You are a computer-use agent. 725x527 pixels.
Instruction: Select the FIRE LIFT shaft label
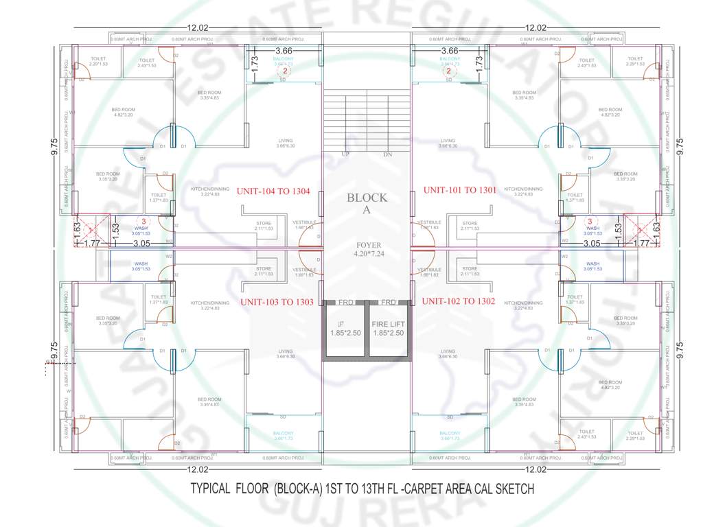click(x=388, y=324)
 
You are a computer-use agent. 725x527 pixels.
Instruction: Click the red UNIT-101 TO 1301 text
click(x=459, y=190)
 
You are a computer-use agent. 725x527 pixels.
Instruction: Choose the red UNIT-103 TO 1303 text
click(x=277, y=302)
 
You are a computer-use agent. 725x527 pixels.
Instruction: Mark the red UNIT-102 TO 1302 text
click(x=459, y=301)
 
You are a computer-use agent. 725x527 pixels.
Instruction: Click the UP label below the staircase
click(x=346, y=154)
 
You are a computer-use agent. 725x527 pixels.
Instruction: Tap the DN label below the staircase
click(x=388, y=154)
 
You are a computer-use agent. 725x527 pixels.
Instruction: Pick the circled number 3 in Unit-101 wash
click(x=589, y=222)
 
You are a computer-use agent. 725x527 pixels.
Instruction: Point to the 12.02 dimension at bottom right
click(x=536, y=469)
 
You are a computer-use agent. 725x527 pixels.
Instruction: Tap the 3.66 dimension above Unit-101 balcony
click(x=450, y=51)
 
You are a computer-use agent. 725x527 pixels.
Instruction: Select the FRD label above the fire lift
click(x=389, y=302)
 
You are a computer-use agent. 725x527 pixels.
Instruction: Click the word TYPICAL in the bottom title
click(x=212, y=489)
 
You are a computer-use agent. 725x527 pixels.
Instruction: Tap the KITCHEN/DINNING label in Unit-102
click(x=523, y=303)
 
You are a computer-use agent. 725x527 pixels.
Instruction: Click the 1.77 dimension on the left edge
click(x=91, y=243)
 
